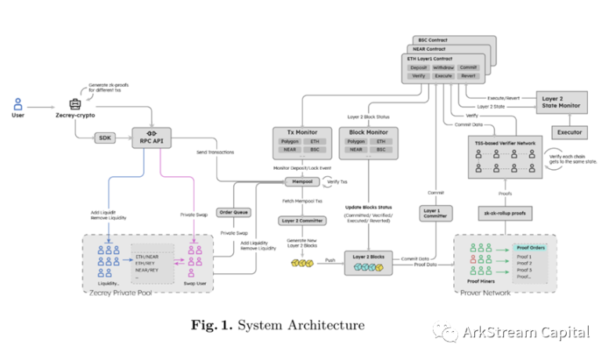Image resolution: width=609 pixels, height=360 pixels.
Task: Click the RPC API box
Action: click(x=152, y=139)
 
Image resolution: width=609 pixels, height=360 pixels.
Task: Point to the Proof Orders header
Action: click(x=529, y=247)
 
